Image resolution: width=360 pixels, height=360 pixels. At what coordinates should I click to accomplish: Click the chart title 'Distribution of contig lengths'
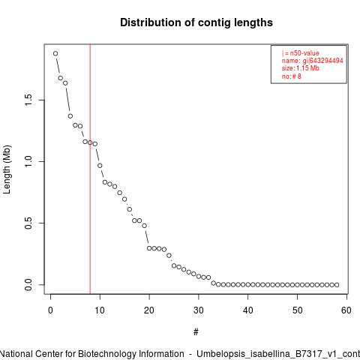196,22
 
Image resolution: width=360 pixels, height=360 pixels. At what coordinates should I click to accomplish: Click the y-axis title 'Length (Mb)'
7,169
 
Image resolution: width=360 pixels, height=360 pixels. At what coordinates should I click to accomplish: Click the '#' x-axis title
196,332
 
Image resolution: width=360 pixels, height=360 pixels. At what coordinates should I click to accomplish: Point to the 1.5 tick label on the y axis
28,100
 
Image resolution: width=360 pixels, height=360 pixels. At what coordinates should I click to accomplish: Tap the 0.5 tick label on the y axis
28,223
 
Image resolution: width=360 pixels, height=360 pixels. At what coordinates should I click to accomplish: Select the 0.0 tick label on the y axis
28,285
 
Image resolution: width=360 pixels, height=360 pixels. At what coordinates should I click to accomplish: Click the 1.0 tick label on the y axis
28,161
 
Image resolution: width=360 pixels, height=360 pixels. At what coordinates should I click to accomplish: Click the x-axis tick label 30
199,310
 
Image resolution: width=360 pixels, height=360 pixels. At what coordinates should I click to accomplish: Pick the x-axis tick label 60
346,310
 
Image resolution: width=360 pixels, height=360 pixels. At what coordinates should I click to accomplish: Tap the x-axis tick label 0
50,310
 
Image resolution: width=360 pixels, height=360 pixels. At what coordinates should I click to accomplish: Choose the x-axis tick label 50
297,310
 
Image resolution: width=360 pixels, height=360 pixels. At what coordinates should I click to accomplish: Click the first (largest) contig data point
55,53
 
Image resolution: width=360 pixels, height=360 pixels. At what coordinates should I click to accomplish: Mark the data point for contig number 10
100,166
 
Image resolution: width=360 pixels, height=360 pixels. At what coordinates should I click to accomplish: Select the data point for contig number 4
70,116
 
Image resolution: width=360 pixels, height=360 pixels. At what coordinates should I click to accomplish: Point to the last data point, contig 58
337,285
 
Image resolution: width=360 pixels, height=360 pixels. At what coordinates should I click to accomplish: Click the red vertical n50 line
90,169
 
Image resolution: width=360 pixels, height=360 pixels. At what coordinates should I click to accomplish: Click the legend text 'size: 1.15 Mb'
301,68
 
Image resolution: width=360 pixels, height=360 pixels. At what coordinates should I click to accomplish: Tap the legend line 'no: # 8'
292,76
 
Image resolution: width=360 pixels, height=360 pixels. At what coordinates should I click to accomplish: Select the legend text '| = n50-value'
301,53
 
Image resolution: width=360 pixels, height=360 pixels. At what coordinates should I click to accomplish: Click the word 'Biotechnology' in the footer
106,354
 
